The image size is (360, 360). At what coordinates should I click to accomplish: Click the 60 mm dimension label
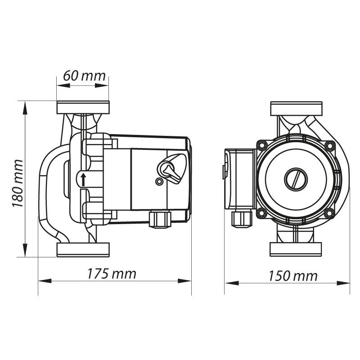(84, 76)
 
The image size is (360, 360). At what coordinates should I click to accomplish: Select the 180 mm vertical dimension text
(18, 183)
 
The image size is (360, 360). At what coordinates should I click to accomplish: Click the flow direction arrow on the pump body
(83, 179)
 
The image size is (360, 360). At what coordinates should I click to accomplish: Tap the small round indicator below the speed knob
(159, 182)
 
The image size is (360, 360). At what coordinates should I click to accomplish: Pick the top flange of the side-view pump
(83, 108)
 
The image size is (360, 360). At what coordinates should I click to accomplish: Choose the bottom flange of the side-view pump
(83, 250)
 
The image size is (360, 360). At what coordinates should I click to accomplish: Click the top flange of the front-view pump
(297, 108)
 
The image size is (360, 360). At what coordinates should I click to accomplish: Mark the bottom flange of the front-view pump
(297, 249)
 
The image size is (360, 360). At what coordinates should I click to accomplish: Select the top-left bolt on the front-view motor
(262, 145)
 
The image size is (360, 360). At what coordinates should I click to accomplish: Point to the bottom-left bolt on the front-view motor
(261, 212)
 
